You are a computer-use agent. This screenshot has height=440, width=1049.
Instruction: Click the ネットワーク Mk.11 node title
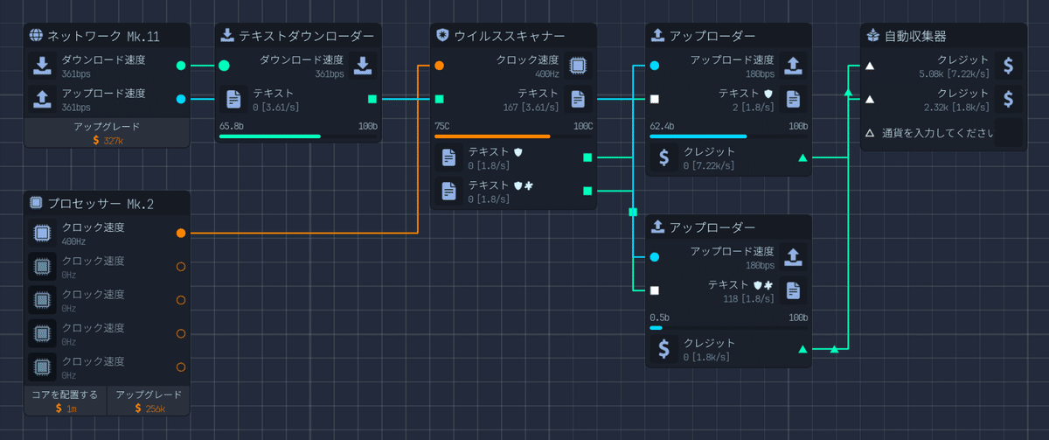(x=103, y=36)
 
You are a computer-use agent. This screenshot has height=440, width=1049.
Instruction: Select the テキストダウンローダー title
(x=306, y=36)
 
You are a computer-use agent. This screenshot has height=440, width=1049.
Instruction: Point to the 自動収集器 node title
(x=915, y=36)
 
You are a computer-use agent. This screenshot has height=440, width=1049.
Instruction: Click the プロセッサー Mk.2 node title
(x=101, y=204)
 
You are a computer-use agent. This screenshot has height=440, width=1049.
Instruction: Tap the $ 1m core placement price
(x=65, y=408)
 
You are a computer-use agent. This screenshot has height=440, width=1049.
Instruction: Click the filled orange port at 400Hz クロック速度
(x=181, y=234)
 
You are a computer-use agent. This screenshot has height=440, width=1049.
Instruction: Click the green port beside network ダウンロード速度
(x=181, y=66)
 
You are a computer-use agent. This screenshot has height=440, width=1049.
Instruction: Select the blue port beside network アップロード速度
(x=181, y=99)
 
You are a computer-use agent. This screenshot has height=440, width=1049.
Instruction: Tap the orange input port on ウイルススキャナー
(x=439, y=66)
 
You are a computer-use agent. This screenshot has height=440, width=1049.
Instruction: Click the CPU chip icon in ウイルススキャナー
(x=577, y=66)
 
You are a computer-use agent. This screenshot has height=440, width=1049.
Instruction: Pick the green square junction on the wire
(x=633, y=212)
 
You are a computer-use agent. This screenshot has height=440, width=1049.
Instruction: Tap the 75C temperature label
(x=442, y=126)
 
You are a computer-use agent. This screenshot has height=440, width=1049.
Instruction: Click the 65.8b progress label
(x=232, y=126)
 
